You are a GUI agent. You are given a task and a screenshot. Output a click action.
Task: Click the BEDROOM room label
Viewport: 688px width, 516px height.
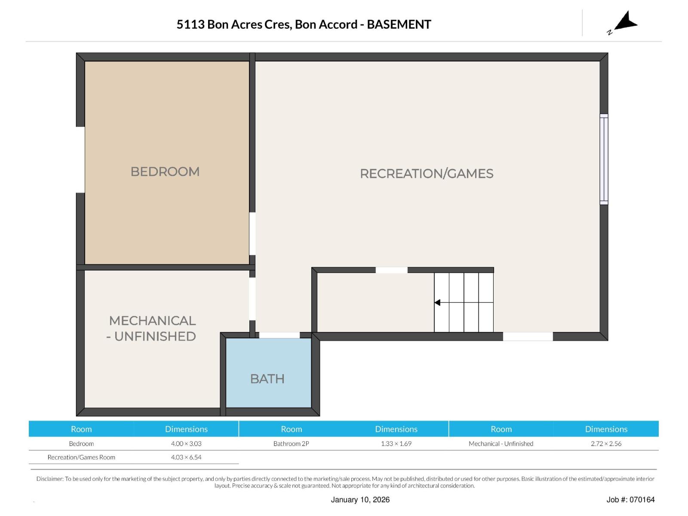point(165,172)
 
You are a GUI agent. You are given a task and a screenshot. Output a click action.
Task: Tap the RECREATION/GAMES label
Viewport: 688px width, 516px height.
point(427,174)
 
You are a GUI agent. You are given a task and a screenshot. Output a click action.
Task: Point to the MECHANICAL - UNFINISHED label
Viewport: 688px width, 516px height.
point(152,329)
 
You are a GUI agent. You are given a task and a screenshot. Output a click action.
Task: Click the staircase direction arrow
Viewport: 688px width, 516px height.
point(437,303)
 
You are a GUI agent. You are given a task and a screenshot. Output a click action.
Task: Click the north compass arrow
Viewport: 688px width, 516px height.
point(626,21)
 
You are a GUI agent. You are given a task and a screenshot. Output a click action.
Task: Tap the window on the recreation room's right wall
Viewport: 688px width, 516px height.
point(604,159)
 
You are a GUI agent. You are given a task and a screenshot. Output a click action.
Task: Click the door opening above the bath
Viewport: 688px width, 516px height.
point(279,335)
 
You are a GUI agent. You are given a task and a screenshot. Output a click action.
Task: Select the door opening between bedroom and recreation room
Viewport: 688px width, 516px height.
point(252,233)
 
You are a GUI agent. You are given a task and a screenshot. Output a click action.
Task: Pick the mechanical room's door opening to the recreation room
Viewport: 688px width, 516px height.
point(252,299)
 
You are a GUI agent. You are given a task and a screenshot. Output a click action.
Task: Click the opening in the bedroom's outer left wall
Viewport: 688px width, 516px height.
point(80,160)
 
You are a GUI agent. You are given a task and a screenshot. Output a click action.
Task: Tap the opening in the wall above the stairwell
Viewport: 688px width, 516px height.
point(391,270)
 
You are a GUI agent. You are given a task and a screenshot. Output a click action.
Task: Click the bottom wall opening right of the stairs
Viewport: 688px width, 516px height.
point(528,336)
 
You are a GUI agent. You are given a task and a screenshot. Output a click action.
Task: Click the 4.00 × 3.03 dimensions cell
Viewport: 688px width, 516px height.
point(186,444)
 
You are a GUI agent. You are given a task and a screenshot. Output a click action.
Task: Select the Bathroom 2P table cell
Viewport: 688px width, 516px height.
point(291,444)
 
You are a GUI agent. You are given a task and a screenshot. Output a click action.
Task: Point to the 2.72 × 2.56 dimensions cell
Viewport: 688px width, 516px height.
point(606,444)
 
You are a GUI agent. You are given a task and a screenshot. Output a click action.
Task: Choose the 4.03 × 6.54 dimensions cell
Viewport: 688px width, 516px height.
point(186,458)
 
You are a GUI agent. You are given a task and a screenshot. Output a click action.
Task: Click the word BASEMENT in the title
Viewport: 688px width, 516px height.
point(399,25)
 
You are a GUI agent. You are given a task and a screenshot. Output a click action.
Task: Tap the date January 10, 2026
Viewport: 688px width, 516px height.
point(360,500)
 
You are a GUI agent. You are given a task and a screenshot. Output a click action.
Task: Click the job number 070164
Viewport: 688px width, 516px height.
point(642,500)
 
